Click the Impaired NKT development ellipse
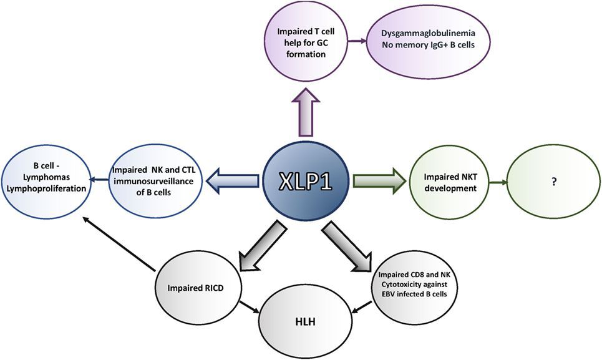coord(449,182)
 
